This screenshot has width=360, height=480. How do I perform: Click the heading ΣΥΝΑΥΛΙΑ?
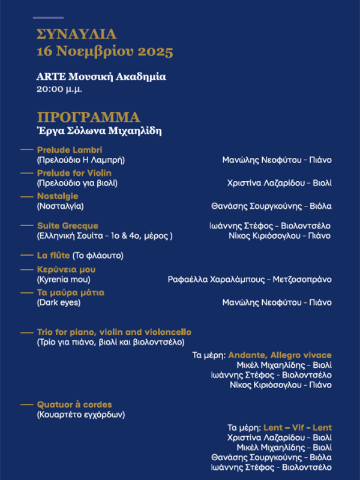pyautogui.click(x=76, y=34)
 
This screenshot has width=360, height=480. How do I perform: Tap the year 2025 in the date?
pyautogui.click(x=155, y=52)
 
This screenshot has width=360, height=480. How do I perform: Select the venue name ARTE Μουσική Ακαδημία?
pyautogui.click(x=101, y=77)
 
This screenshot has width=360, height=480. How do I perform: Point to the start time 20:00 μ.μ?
pyautogui.click(x=59, y=89)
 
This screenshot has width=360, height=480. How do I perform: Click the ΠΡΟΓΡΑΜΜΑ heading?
pyautogui.click(x=88, y=117)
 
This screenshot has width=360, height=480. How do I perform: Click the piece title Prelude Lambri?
pyautogui.click(x=70, y=149)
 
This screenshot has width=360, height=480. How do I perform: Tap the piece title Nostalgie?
pyautogui.click(x=58, y=196)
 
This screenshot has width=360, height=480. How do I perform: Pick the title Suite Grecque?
pyautogui.click(x=67, y=226)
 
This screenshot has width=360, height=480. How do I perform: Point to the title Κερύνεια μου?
pyautogui.click(x=66, y=269)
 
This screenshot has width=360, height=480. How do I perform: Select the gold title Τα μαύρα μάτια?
pyautogui.click(x=71, y=293)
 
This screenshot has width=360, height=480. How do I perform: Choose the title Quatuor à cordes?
pyautogui.click(x=74, y=404)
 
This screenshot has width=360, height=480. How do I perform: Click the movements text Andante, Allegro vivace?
pyautogui.click(x=280, y=355)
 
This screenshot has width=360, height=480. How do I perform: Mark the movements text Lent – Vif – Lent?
pyautogui.click(x=297, y=428)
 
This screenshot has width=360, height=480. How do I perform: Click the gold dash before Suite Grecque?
pyautogui.click(x=26, y=226)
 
